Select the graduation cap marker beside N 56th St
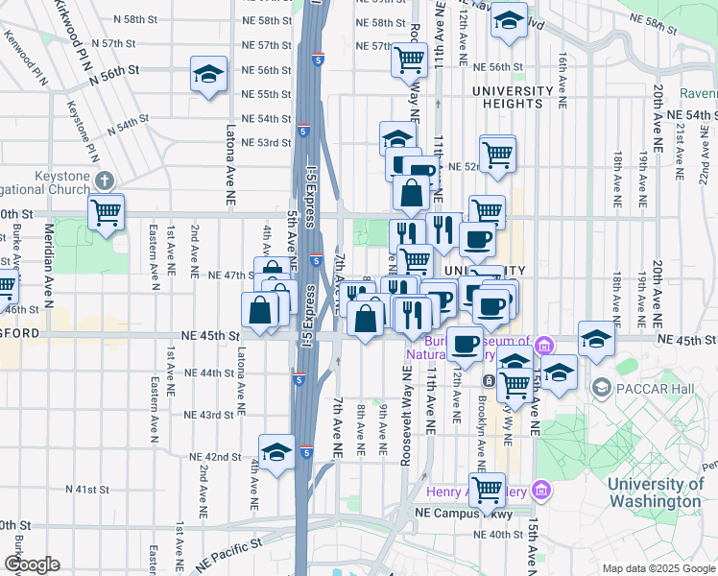[x=207, y=75]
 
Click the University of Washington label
[x=655, y=492]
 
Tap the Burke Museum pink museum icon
[x=542, y=344]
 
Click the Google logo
[x=32, y=564]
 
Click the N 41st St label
[x=87, y=490]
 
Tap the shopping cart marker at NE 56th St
[x=409, y=60]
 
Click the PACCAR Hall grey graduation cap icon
[x=601, y=388]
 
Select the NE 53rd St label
[x=265, y=143]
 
